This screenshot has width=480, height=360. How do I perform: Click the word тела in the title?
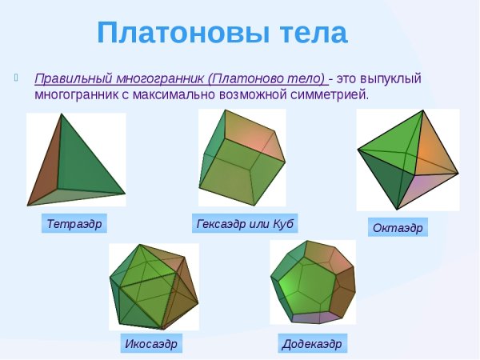tap(309, 34)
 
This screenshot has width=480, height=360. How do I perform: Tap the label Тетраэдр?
tap(74, 223)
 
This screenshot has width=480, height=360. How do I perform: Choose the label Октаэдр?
tap(397, 228)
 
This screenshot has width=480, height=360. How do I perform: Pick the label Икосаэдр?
tap(150, 344)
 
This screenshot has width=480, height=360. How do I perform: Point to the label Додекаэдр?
tap(312, 344)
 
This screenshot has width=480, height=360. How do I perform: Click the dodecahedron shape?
tap(312, 282)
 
